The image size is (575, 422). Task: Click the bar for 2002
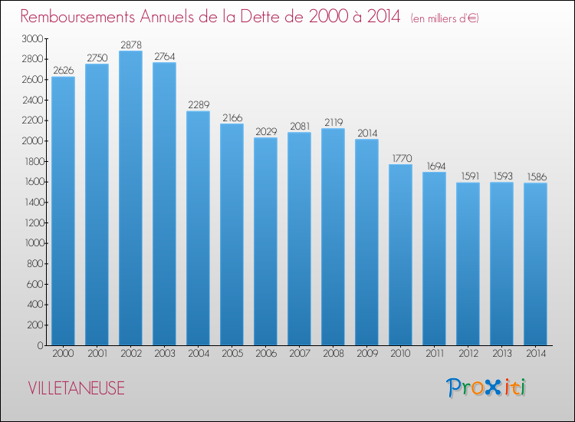130,198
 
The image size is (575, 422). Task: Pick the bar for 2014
535,264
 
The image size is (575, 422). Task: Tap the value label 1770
400,158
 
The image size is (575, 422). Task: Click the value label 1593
501,176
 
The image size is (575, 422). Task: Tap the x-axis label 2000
63,354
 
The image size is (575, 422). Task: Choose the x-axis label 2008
333,354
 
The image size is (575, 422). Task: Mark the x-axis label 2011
434,354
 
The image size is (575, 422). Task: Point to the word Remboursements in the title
79,17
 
